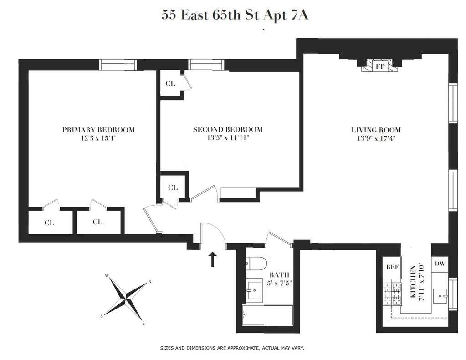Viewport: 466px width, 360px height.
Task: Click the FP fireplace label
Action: click(x=380, y=66)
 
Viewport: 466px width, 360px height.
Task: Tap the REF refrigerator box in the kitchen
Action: click(x=392, y=267)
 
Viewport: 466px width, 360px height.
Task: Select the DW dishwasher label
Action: click(x=440, y=264)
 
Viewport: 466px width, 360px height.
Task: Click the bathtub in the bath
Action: click(x=268, y=315)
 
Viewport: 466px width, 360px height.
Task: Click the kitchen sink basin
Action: click(x=440, y=296)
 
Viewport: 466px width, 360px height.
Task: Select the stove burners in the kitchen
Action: click(x=392, y=294)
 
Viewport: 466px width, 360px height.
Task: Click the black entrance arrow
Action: click(x=212, y=259)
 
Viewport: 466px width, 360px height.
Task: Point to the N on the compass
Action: click(x=150, y=282)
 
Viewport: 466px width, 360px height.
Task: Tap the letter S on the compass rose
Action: click(x=102, y=317)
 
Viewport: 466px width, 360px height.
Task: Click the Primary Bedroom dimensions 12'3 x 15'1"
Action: click(x=98, y=138)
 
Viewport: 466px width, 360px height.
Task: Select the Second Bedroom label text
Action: click(x=228, y=130)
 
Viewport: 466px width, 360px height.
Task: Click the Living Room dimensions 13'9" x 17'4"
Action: click(x=376, y=138)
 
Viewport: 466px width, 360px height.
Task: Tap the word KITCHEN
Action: click(x=413, y=282)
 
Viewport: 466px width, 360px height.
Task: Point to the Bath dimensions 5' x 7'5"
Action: click(x=279, y=283)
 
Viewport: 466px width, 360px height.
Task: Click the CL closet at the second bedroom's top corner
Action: click(x=170, y=83)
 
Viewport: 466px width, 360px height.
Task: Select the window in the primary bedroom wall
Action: click(x=118, y=65)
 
